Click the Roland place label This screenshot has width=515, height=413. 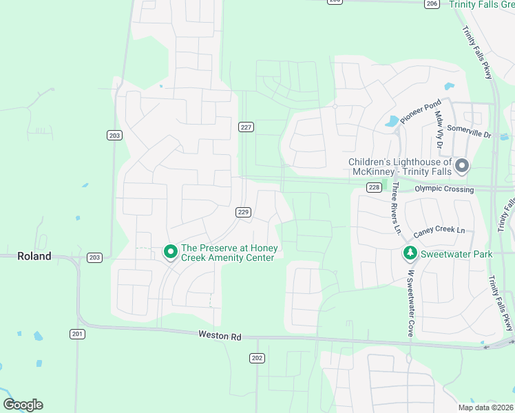pyautogui.click(x=34, y=256)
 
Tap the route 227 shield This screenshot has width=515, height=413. pyautogui.click(x=246, y=127)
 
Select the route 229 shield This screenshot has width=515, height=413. pyautogui.click(x=242, y=212)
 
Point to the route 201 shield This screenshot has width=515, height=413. pyautogui.click(x=77, y=334)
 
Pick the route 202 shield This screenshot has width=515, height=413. pyautogui.click(x=257, y=358)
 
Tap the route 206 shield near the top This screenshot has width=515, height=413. pyautogui.click(x=432, y=3)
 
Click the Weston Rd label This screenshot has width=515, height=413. pyautogui.click(x=220, y=336)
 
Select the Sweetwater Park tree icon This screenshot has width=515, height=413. pyautogui.click(x=410, y=254)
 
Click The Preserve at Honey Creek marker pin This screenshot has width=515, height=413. pyautogui.click(x=170, y=253)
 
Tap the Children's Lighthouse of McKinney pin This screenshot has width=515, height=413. pyautogui.click(x=462, y=166)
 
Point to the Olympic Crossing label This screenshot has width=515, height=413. pyautogui.click(x=444, y=189)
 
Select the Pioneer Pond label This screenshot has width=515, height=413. pyautogui.click(x=420, y=113)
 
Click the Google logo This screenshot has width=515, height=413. pyautogui.click(x=23, y=405)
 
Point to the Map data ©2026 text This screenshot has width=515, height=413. pyautogui.click(x=485, y=407)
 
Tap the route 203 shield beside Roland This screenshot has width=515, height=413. pyautogui.click(x=94, y=257)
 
